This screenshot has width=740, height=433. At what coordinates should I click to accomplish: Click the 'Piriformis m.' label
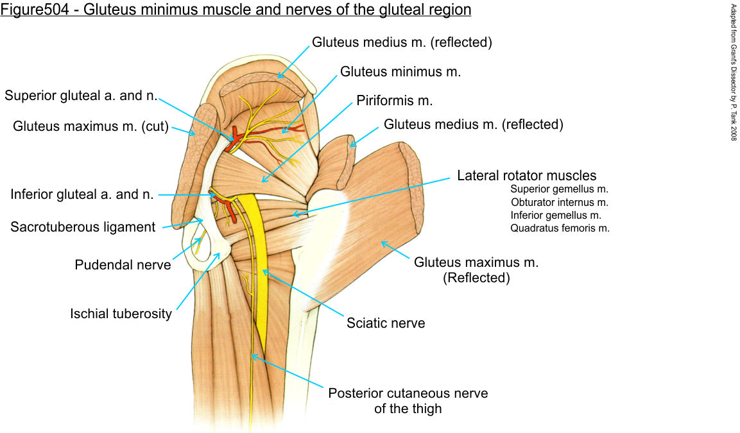[x=395, y=101]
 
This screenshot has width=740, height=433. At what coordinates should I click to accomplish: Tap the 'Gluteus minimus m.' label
[x=400, y=72]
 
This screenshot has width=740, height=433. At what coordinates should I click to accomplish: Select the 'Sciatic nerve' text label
[x=386, y=323]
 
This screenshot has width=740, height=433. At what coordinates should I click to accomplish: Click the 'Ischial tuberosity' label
[x=121, y=314]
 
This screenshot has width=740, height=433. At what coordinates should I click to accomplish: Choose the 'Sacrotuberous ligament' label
[x=83, y=227]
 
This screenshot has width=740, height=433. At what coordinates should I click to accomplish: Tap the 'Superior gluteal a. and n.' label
[x=81, y=96]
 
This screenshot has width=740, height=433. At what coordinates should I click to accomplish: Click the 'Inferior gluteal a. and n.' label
[x=82, y=194]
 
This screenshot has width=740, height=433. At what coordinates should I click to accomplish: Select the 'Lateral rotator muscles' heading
[x=526, y=175]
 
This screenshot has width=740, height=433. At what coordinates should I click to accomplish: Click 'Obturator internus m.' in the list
[x=559, y=202]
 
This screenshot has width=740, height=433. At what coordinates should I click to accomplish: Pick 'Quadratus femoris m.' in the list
[x=560, y=228]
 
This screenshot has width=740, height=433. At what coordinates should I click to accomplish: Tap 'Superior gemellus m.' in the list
[x=559, y=189]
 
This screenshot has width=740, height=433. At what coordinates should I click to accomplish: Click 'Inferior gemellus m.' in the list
[x=556, y=215]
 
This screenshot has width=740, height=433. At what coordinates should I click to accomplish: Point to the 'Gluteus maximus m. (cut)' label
[x=90, y=126]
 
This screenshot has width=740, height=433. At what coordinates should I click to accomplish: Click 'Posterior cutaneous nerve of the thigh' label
[x=408, y=400]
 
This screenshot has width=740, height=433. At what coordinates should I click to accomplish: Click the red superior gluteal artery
[x=236, y=135]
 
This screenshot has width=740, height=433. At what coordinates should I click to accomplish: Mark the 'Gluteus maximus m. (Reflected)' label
[x=476, y=269]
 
